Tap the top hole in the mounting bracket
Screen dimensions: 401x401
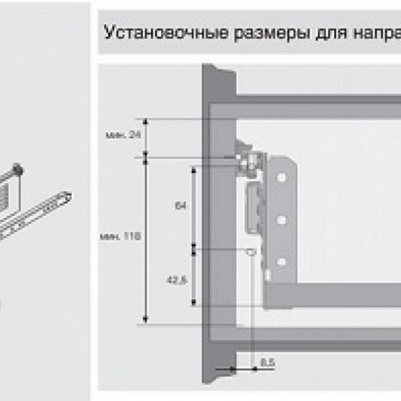(281, 178)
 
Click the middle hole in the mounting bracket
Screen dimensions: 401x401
(281, 220)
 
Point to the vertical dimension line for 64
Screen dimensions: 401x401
(195, 206)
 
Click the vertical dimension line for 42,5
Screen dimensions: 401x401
(195, 276)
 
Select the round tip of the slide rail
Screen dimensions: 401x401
(67, 197)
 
